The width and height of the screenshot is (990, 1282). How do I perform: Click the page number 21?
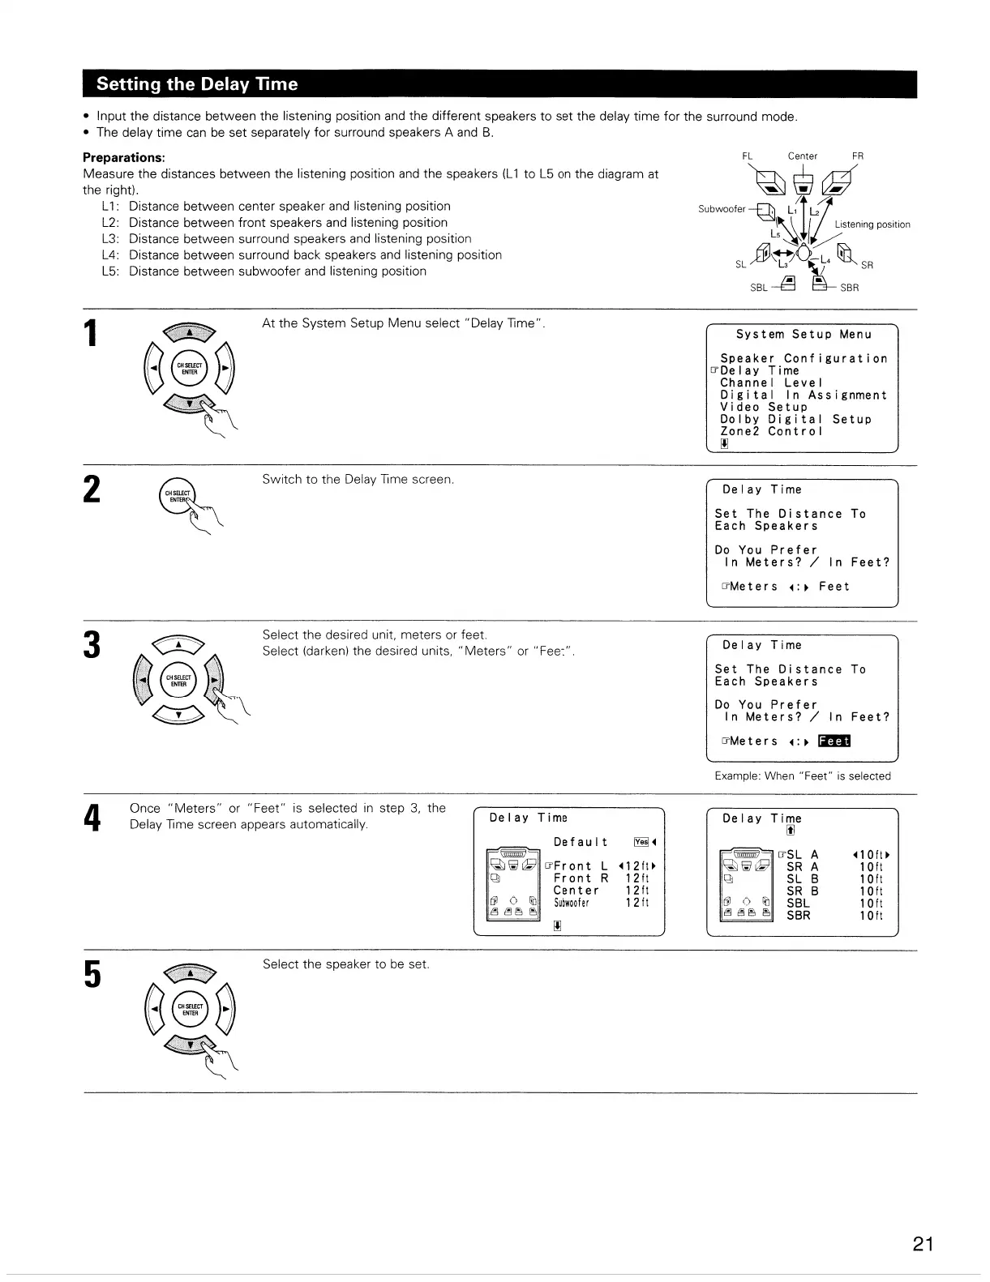coord(923,1244)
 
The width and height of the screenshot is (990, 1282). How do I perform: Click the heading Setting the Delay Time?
coord(197,84)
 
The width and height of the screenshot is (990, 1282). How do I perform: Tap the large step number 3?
coord(93,647)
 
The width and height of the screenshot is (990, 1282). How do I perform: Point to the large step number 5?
coord(93,974)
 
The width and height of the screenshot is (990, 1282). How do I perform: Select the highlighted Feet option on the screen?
coord(834,741)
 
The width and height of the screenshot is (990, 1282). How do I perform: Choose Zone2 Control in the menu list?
coord(771,431)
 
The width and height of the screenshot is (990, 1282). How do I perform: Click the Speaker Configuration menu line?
coord(804,358)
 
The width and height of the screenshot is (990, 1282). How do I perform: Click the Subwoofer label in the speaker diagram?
coord(721,209)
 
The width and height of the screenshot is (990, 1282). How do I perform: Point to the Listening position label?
coord(872,224)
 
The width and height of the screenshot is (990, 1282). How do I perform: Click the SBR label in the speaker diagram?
coord(849,288)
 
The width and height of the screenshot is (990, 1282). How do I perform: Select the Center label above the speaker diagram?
coord(802,156)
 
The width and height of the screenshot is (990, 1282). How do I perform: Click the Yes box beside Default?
coord(640,842)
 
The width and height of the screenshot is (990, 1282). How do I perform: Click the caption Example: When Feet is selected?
coord(802,776)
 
